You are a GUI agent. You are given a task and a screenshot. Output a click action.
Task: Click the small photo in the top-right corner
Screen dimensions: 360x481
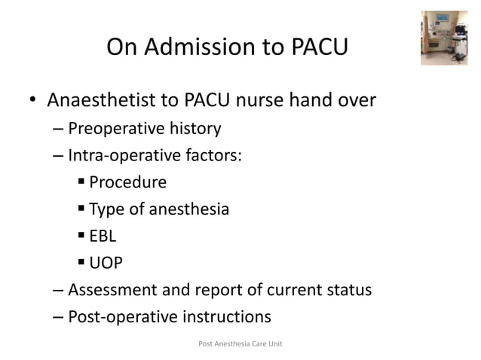444,37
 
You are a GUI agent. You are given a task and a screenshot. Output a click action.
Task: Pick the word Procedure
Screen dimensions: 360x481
127,182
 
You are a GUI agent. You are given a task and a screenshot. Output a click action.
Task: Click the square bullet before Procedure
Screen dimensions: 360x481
81,182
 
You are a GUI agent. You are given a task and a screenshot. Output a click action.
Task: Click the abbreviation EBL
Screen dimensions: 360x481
103,236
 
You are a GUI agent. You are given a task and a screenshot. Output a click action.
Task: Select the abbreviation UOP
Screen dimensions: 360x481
106,263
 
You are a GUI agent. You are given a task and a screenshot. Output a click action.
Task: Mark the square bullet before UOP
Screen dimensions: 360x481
81,263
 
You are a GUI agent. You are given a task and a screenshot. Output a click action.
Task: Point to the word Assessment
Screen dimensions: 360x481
113,289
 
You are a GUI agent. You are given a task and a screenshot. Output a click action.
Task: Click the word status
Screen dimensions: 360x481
347,289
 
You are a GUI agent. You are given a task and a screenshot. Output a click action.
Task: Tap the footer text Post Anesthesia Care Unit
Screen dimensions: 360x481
240,344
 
